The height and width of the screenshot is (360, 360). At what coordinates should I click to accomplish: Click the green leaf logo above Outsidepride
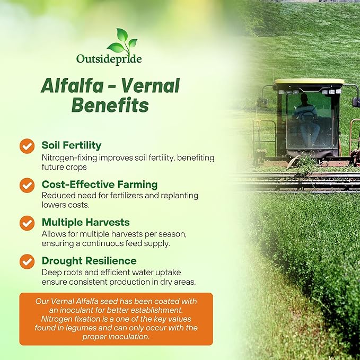coord(122,40)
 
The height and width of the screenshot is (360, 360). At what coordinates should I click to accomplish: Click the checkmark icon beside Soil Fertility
coord(27,145)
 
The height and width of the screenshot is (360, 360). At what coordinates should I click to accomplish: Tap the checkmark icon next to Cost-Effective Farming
coord(27,185)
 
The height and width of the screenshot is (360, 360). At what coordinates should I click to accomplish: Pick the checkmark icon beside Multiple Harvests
coord(27,223)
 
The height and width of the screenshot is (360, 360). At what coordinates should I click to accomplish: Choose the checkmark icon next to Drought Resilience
coord(27,261)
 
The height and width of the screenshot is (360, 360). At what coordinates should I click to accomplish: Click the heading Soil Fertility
coord(71,145)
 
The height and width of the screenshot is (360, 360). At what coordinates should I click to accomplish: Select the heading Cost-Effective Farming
coord(99,184)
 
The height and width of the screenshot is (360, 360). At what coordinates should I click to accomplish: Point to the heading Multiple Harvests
coord(85,222)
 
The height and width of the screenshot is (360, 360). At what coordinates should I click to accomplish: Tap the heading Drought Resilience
coord(89,261)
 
